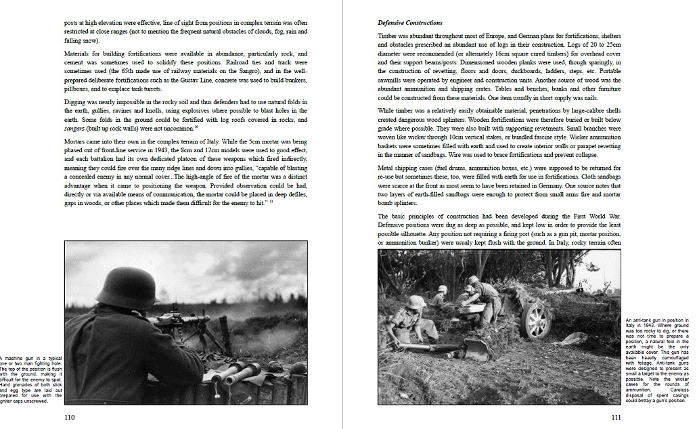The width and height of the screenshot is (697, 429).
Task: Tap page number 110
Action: coord(69,417)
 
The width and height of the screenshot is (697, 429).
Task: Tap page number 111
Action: coord(616,417)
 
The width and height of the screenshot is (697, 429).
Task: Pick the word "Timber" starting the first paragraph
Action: coord(387,36)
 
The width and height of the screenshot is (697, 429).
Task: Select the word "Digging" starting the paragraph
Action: coord(76,101)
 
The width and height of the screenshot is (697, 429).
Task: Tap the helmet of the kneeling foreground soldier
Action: coord(414,302)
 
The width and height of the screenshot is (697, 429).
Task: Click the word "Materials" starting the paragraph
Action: coord(79,53)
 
